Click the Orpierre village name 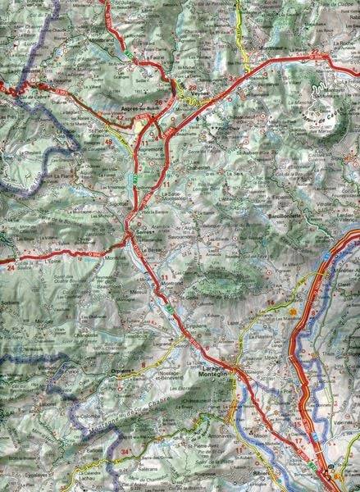pos(120,371)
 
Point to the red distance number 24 pos(11,266)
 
